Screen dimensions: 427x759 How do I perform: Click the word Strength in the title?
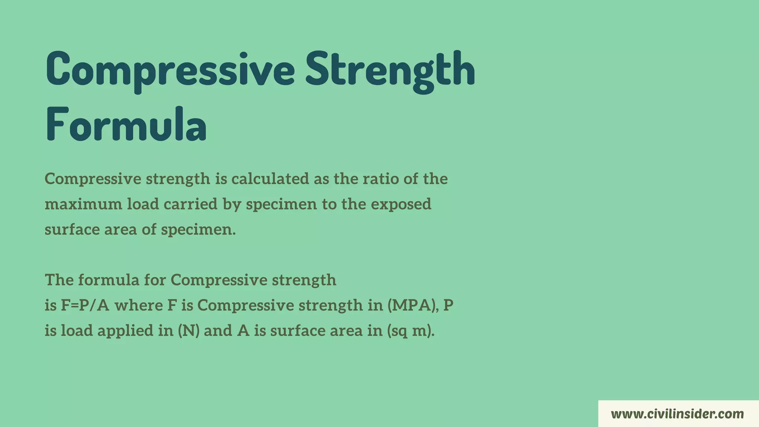point(390,70)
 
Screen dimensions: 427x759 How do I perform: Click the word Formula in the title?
point(126,124)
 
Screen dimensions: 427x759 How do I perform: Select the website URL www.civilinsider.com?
point(677,414)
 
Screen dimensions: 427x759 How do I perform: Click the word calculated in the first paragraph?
point(270,179)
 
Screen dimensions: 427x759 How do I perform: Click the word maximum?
point(83,204)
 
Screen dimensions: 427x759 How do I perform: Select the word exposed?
point(401,204)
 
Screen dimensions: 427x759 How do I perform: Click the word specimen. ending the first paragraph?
point(198,230)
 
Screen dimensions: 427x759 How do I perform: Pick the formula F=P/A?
point(85,305)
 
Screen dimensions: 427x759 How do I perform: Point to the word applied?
point(125,331)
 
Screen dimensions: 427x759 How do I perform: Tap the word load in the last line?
point(76,331)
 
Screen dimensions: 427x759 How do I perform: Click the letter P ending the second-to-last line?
point(448,305)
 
